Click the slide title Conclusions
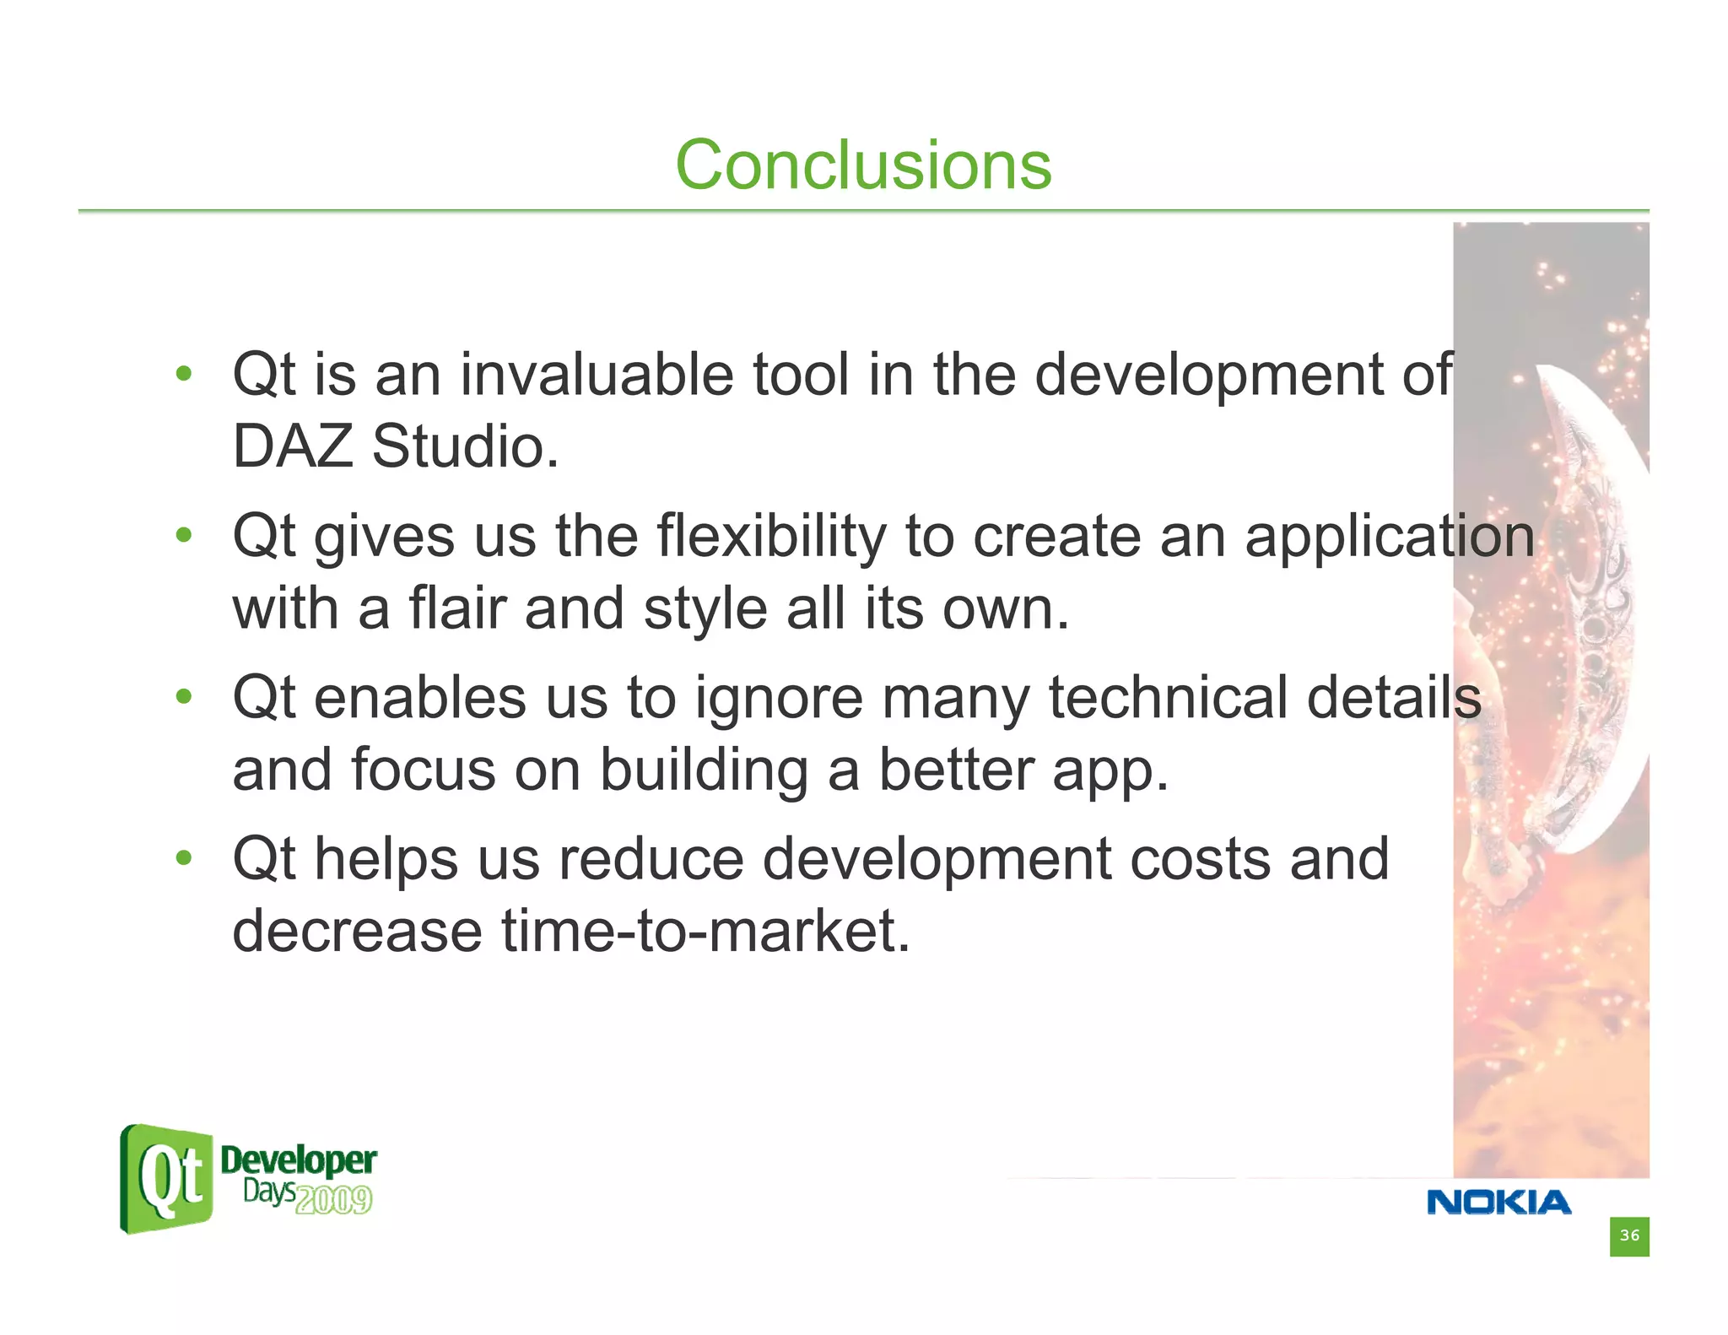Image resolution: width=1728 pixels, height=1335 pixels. [863, 165]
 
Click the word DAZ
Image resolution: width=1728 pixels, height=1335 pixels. [292, 446]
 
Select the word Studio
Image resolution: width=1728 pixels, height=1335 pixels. [465, 446]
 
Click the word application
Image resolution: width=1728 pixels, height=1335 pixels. [1389, 537]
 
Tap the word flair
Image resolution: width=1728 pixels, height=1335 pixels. [456, 608]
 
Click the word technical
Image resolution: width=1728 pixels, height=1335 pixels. [1168, 698]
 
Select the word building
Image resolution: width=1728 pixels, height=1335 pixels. [704, 770]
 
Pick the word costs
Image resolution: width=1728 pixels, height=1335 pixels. [1200, 859]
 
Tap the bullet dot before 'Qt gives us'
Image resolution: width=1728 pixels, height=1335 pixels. [184, 535]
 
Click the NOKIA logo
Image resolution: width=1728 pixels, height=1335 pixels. [1498, 1203]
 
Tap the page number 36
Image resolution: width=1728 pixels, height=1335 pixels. [1628, 1236]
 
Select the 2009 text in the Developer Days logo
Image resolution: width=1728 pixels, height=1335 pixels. [334, 1200]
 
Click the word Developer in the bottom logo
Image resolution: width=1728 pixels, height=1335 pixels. [298, 1160]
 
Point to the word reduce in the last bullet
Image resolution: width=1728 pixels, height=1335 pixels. [651, 859]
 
